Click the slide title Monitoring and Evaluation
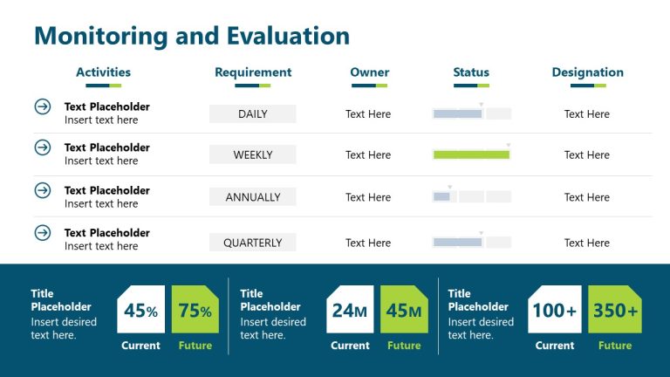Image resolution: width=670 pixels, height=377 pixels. [191, 36]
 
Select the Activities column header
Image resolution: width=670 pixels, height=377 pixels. [103, 72]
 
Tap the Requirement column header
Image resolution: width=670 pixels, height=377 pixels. [253, 72]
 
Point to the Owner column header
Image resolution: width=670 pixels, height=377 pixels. [370, 72]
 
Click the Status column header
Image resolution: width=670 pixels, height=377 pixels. [471, 72]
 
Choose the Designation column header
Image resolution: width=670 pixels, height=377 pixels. [587, 72]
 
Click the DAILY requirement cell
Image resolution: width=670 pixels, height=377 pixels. [253, 114]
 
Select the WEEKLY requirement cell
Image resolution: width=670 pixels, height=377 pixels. [253, 155]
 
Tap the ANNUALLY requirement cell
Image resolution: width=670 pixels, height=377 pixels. [253, 197]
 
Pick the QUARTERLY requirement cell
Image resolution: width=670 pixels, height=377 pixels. [253, 243]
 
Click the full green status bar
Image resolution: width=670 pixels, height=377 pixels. [471, 155]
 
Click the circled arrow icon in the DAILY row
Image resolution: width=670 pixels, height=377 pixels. [42, 106]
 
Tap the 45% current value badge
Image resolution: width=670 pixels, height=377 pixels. [140, 310]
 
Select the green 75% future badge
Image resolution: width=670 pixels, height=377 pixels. [195, 310]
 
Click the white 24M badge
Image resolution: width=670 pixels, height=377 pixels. [350, 310]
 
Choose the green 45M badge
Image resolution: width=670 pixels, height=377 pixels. [404, 310]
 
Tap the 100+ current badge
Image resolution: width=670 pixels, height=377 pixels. [555, 310]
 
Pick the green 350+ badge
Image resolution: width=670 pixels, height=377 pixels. [615, 310]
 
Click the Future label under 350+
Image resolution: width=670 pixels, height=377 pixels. [615, 346]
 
